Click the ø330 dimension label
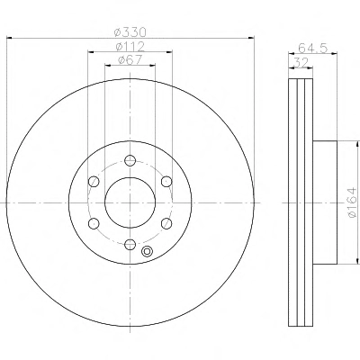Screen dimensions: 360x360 (130, 31)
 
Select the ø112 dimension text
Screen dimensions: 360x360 (130, 47)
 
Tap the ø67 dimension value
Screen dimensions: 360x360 (130, 59)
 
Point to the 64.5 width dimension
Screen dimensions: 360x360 (313, 48)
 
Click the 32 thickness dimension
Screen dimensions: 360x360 (301, 63)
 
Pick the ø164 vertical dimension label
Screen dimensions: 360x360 (352, 202)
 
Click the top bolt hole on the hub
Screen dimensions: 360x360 (130, 160)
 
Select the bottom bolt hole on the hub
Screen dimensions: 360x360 (130, 244)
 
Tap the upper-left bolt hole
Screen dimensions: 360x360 (94, 182)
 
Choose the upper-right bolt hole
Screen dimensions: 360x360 (166, 182)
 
